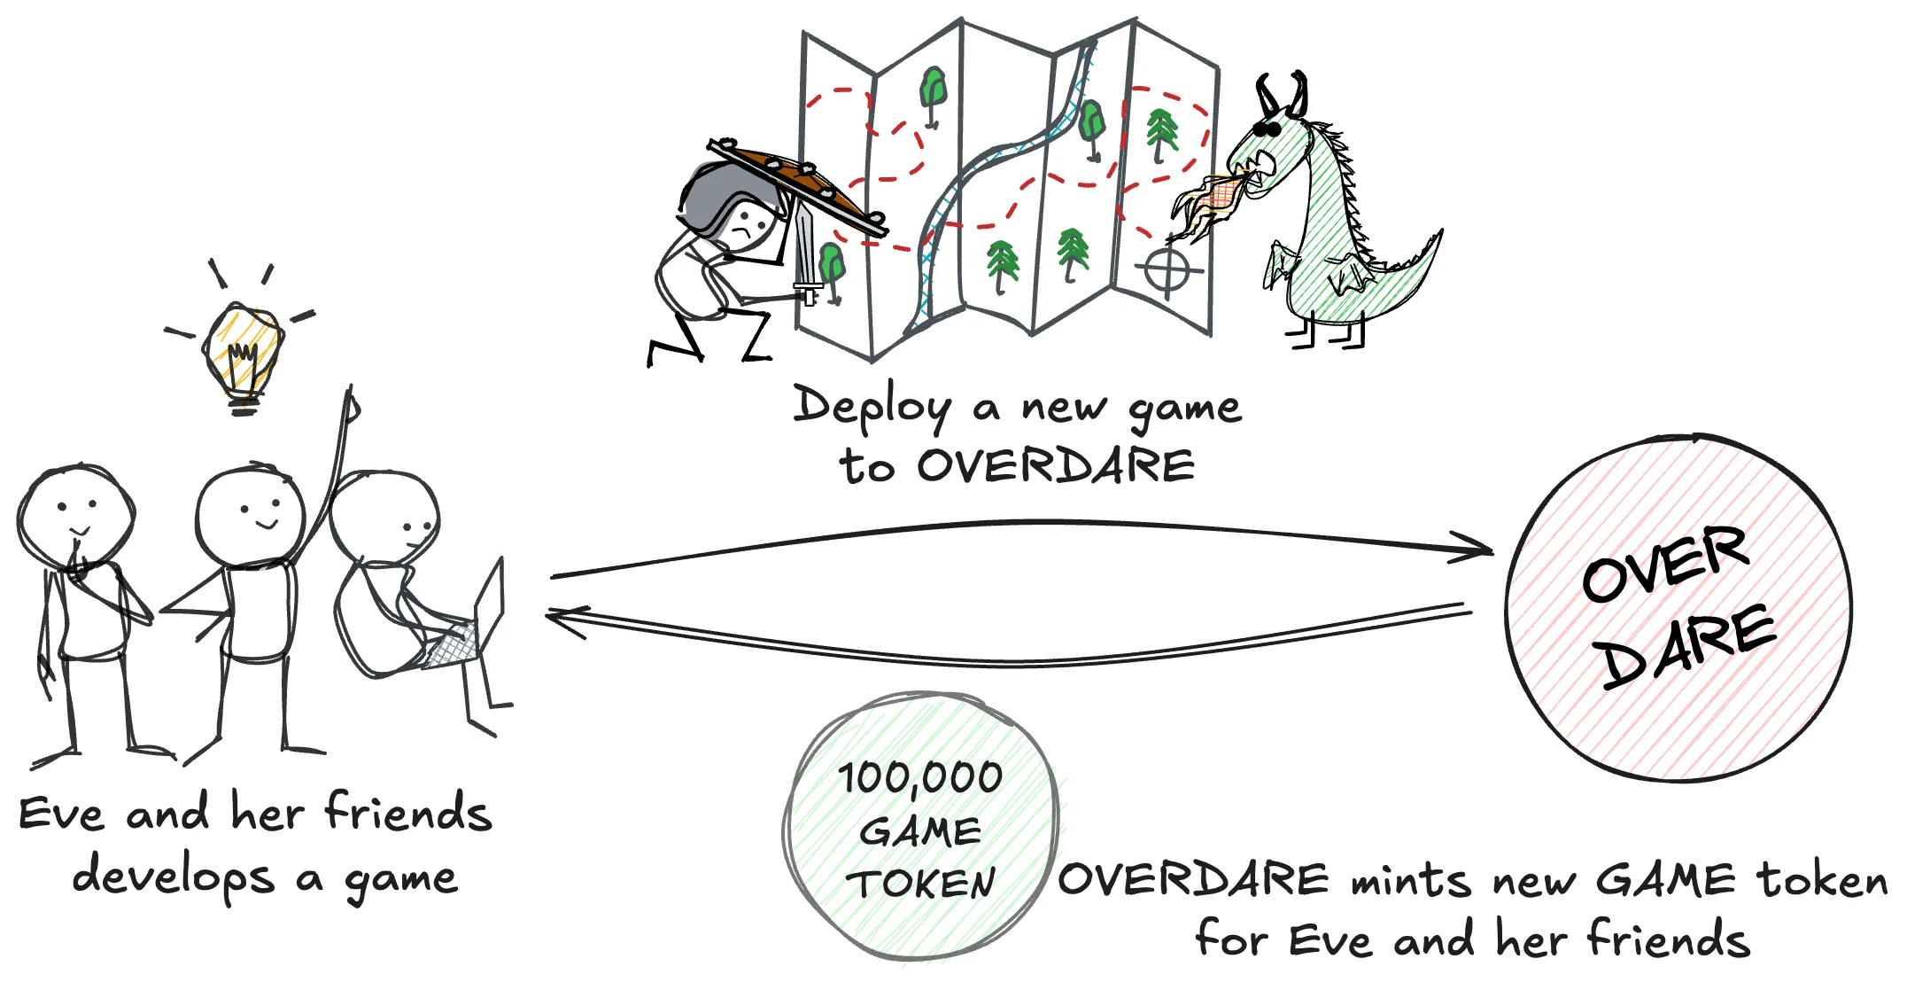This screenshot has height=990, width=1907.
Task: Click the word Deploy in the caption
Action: click(872, 409)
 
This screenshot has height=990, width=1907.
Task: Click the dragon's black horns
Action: click(1281, 96)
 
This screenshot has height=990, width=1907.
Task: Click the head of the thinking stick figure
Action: click(76, 513)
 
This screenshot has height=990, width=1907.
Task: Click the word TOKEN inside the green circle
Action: click(921, 884)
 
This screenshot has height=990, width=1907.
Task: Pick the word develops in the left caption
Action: click(174, 878)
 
